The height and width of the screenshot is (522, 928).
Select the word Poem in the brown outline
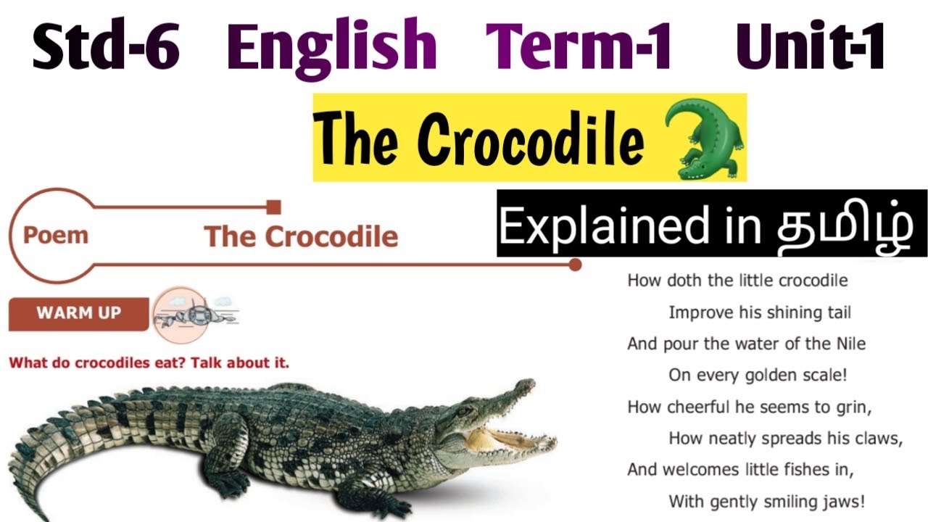[56, 235]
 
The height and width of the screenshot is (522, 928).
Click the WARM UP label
[78, 313]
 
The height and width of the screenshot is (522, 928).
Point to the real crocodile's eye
[463, 410]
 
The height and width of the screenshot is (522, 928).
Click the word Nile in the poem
[850, 343]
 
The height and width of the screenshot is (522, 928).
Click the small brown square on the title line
[273, 207]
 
